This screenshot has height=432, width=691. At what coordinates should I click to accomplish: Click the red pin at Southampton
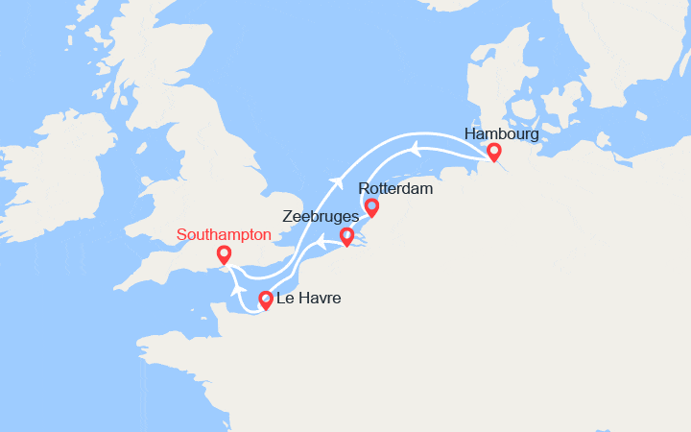(x=224, y=254)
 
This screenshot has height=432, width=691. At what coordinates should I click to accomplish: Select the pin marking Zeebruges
(x=346, y=236)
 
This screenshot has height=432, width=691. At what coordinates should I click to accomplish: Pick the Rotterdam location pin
(x=371, y=206)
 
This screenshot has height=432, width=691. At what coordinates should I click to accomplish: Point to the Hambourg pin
(x=493, y=152)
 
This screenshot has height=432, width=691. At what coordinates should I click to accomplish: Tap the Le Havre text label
(x=308, y=300)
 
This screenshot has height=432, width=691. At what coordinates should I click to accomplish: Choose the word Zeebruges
(x=321, y=218)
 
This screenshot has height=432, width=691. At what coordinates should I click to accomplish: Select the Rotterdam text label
(x=395, y=189)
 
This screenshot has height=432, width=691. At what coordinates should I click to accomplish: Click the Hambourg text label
(x=500, y=133)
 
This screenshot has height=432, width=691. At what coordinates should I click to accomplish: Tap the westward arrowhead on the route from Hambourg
(x=415, y=146)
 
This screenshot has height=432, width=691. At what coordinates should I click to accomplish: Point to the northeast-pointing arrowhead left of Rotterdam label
(x=337, y=182)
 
